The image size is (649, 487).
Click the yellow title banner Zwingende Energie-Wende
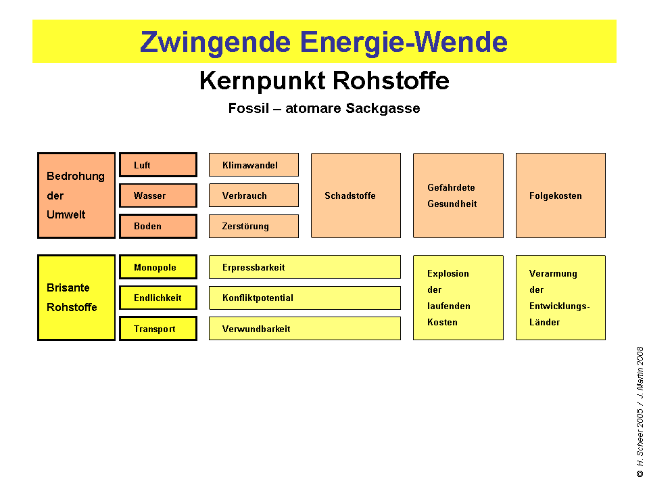point(324,42)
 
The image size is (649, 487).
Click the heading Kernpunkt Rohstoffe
point(324,81)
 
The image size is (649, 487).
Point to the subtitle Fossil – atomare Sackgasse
point(324,108)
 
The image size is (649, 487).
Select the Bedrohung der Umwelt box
point(76,195)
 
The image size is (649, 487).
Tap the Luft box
point(158,165)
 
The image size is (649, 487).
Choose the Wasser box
point(158,195)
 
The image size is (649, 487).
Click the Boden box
point(158,226)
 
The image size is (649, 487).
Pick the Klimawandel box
point(254,165)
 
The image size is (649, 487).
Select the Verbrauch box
point(254,195)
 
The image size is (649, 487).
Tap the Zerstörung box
point(254,226)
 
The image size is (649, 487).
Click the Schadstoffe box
point(356,195)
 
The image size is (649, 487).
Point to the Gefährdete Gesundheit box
point(458,195)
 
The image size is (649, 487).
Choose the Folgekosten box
point(560,195)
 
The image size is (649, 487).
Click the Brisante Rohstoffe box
point(76,298)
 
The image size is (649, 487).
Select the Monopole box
point(158,267)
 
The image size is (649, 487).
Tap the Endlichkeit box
point(158,298)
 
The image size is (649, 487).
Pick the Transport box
point(158,329)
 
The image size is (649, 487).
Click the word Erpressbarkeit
point(254,267)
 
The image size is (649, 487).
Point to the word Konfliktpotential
point(258,298)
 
